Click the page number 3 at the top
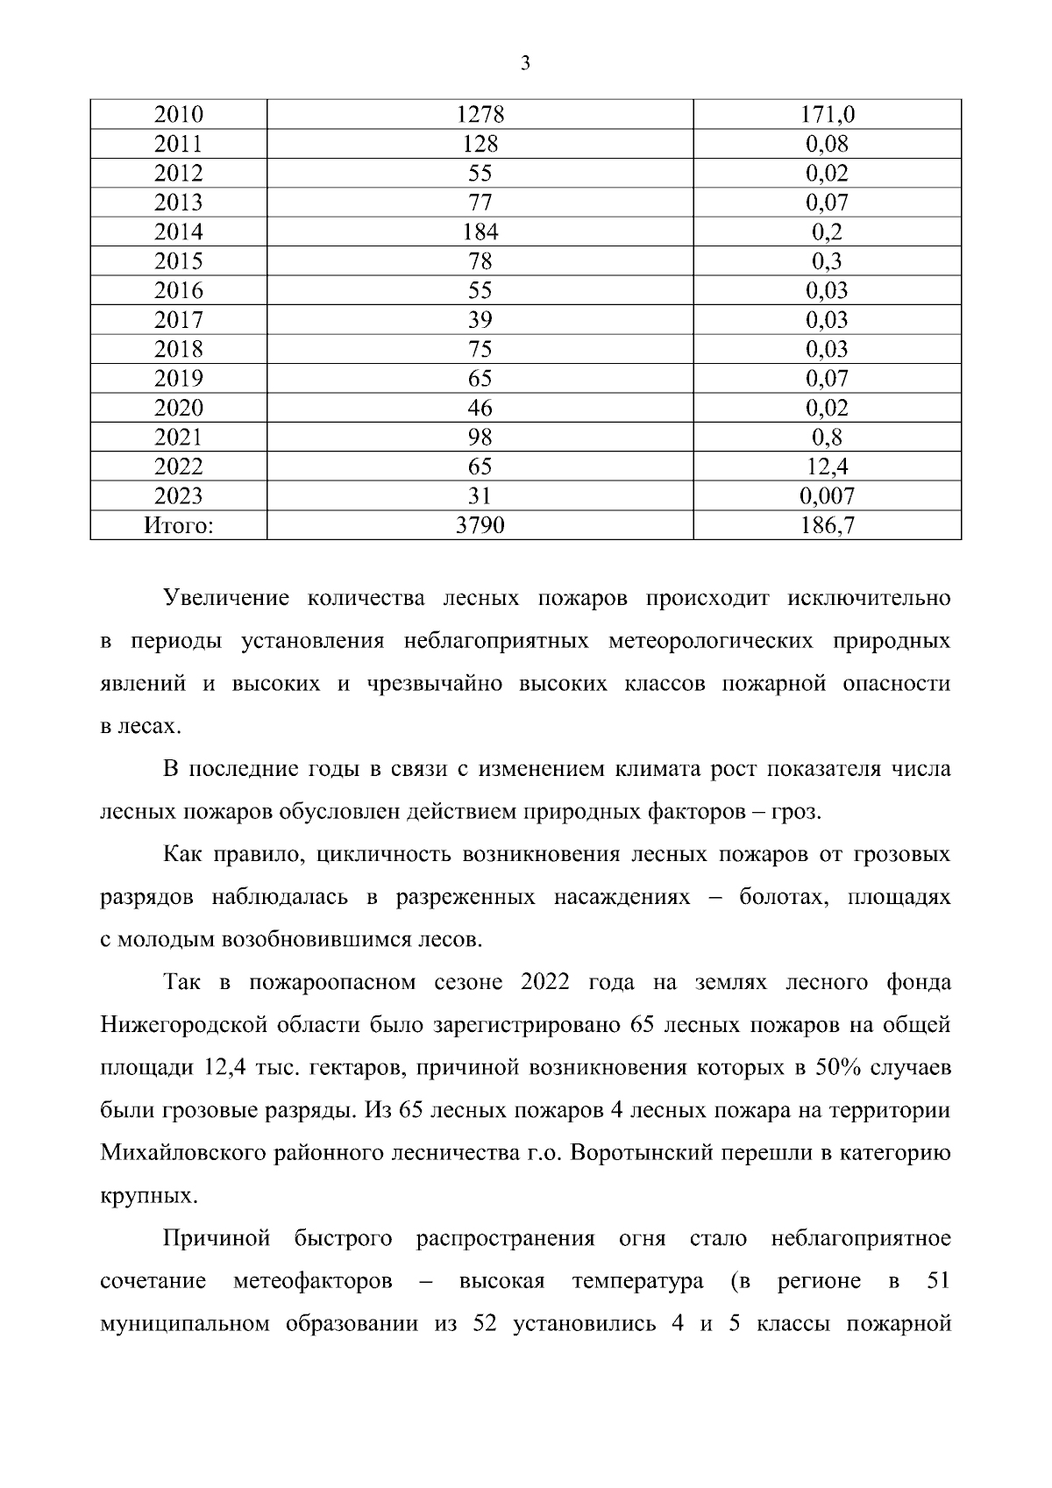[x=525, y=62]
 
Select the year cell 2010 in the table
[x=178, y=115]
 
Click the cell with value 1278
[x=480, y=115]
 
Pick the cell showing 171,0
[x=827, y=115]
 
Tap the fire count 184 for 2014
[x=480, y=232]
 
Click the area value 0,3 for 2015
[x=827, y=261]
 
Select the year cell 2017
[x=178, y=320]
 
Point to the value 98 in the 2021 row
[x=480, y=438]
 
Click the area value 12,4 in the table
[x=827, y=466]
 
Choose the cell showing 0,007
[x=827, y=496]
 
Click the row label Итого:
[x=178, y=525]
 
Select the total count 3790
[x=480, y=525]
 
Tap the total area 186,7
[x=827, y=525]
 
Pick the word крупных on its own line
[x=144, y=1195]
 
